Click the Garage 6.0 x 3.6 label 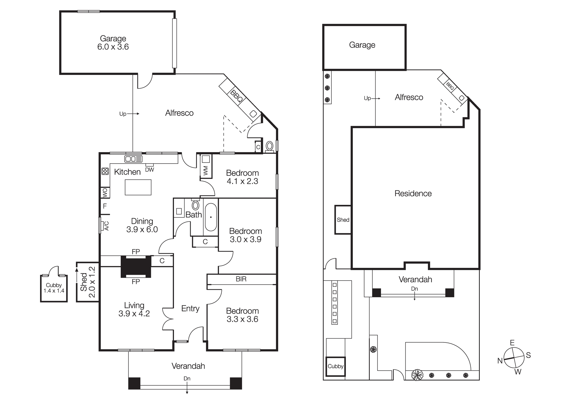coord(113,43)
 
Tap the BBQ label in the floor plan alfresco coord(236,96)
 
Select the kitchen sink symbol coord(133,159)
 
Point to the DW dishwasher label coord(149,170)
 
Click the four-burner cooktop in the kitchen coord(105,171)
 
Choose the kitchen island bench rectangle coord(138,187)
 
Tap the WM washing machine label coord(206,170)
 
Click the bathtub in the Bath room coord(211,217)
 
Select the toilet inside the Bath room coord(196,205)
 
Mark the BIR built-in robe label coord(241,279)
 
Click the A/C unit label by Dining coord(106,226)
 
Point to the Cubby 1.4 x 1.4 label coord(54,288)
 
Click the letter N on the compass coord(500,361)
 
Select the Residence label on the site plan coord(413,194)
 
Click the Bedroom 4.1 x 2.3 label coord(242,177)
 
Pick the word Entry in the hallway coord(190,308)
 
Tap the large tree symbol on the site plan coord(417,375)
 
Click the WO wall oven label coord(105,192)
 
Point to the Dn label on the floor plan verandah coord(187,378)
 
